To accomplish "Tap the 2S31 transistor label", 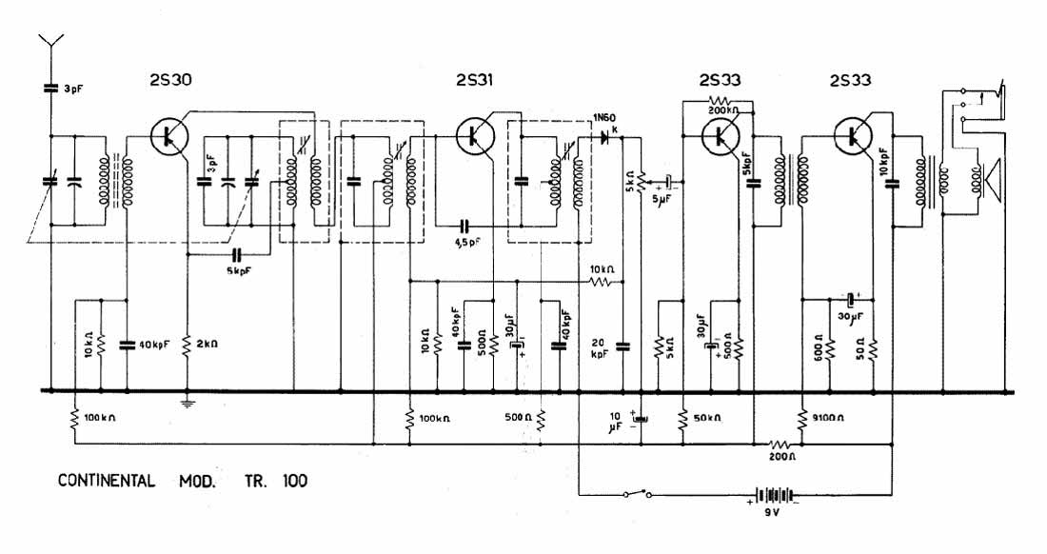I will coord(473,81).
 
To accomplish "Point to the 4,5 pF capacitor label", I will coord(467,242).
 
